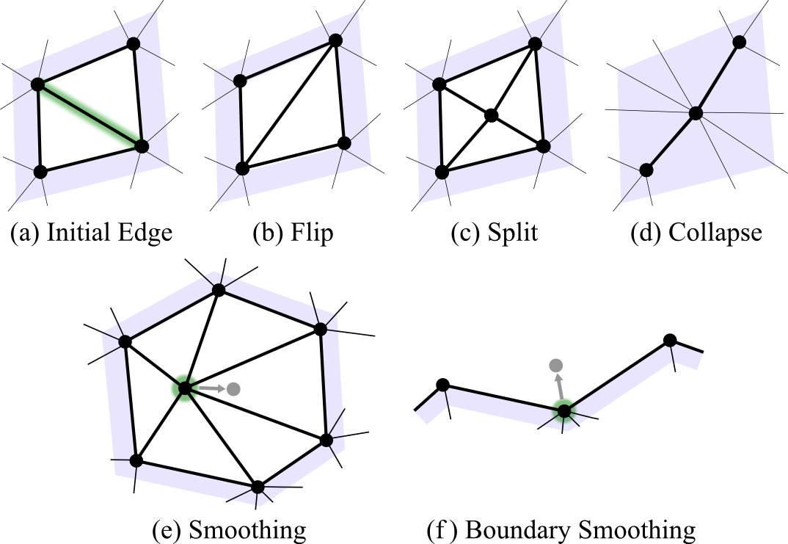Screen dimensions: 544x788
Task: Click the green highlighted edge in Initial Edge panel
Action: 90,115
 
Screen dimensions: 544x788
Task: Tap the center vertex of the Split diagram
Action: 491,115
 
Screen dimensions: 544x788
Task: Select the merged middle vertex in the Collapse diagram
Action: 696,113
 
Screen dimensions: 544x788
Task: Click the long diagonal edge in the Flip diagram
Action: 288,105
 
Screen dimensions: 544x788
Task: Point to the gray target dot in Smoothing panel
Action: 233,388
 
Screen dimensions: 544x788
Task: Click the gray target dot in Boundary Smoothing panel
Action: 556,365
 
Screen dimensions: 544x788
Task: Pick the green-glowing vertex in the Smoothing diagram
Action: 183,388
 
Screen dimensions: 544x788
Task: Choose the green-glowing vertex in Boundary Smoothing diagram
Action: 563,411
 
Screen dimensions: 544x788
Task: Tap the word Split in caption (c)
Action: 511,233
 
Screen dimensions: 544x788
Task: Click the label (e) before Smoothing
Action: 167,529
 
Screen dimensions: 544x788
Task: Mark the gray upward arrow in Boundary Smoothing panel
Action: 559,386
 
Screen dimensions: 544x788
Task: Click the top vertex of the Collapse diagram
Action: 740,42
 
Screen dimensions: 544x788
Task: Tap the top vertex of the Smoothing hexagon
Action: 218,290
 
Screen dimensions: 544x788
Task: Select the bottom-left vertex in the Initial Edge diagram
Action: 40,172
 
